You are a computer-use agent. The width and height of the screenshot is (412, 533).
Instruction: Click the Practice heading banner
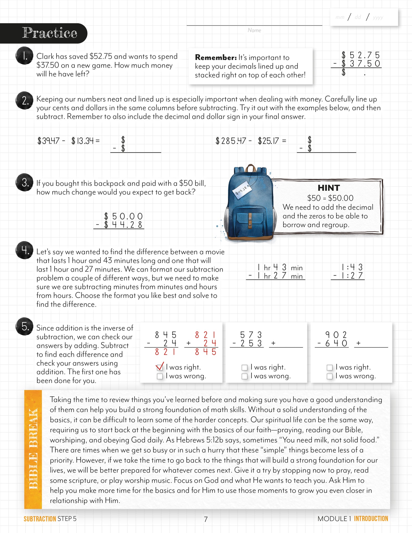(x=49, y=33)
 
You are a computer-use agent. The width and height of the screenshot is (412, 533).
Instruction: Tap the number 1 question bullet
(x=24, y=56)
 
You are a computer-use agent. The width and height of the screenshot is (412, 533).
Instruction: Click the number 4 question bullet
(x=24, y=250)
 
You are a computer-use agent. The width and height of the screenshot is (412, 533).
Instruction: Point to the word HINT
(x=329, y=188)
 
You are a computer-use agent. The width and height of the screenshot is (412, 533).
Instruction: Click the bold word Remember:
(x=216, y=57)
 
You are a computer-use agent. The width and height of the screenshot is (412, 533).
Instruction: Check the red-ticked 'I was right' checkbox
(x=160, y=367)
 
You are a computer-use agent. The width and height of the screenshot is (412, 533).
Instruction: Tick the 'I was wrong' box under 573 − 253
(x=244, y=376)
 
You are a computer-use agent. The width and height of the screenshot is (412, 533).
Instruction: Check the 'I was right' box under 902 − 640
(x=329, y=367)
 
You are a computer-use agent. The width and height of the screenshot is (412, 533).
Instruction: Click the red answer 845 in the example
(x=206, y=352)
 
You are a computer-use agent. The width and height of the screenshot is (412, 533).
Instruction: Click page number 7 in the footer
(x=206, y=519)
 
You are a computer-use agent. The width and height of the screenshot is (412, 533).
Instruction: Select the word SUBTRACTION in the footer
(x=40, y=519)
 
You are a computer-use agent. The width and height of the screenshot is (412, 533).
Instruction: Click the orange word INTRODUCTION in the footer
(x=371, y=518)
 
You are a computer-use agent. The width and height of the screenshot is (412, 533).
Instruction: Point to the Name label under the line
(x=254, y=30)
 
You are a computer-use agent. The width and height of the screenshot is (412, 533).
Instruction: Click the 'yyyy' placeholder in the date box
(x=378, y=17)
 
